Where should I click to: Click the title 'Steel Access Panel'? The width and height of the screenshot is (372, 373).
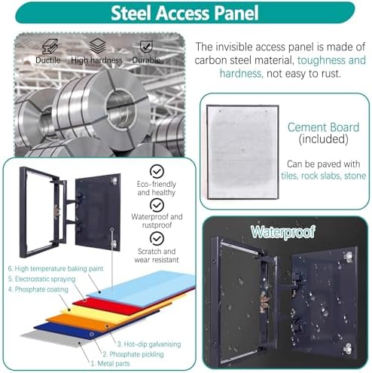point(184,13)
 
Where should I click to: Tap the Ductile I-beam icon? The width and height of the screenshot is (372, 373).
point(50,47)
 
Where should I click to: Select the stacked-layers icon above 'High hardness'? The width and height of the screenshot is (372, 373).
point(97,46)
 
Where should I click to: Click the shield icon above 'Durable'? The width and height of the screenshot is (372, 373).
point(146,47)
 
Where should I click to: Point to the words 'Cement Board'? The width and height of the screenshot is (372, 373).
point(323,127)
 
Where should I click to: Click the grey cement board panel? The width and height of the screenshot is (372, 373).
point(242,152)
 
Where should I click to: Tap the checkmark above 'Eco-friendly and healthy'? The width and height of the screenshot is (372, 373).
point(157,171)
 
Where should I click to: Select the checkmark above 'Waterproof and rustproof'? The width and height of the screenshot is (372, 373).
point(157,205)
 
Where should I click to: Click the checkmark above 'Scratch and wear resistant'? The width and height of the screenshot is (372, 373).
point(157,238)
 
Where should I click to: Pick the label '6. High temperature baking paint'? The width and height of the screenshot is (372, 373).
point(56,269)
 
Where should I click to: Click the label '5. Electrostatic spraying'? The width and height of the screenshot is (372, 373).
point(41,279)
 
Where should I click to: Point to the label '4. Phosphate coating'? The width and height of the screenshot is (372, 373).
point(38,289)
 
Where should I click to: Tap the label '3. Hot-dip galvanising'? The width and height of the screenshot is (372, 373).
point(149,344)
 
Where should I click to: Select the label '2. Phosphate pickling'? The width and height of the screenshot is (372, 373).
point(133,354)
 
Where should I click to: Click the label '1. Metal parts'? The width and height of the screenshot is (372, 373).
point(110,363)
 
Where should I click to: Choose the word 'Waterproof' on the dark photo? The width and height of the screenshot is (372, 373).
point(283,232)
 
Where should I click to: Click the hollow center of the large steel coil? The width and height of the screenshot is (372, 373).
point(120,108)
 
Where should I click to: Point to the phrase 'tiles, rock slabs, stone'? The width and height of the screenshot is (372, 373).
point(323,176)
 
